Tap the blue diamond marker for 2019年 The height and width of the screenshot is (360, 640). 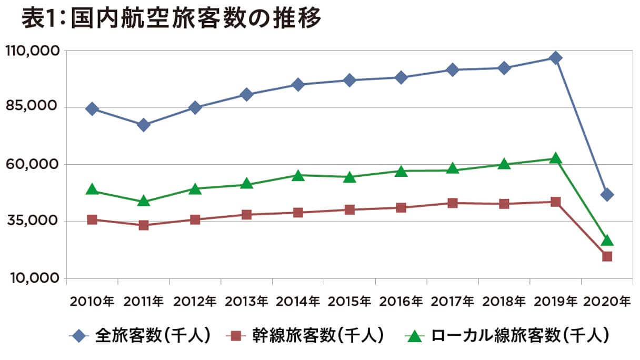(555, 57)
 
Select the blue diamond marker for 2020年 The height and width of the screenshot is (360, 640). (606, 195)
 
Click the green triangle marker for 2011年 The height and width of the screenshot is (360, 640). (143, 201)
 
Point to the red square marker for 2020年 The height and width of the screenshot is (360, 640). (607, 256)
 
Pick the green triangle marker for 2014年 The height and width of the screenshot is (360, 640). (298, 175)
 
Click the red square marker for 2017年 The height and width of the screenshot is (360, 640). (452, 203)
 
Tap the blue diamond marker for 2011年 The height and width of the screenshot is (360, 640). (143, 125)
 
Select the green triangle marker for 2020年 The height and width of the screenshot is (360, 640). (607, 241)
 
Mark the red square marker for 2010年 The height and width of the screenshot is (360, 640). (92, 219)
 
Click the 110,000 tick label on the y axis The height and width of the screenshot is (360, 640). (31, 51)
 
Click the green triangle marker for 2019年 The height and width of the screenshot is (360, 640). (555, 158)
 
